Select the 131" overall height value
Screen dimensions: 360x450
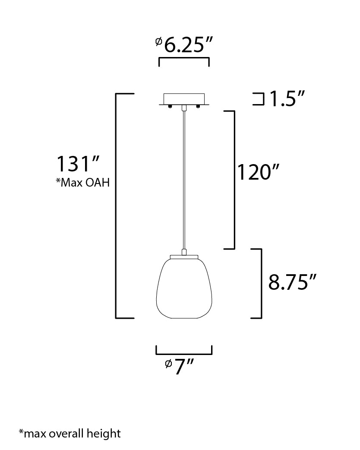(x=78, y=164)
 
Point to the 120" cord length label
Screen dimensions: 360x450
(x=258, y=172)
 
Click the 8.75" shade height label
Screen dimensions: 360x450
(x=292, y=282)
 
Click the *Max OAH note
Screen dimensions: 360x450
(x=82, y=182)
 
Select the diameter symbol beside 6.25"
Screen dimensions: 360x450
(x=158, y=41)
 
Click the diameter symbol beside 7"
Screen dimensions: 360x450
(x=168, y=364)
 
